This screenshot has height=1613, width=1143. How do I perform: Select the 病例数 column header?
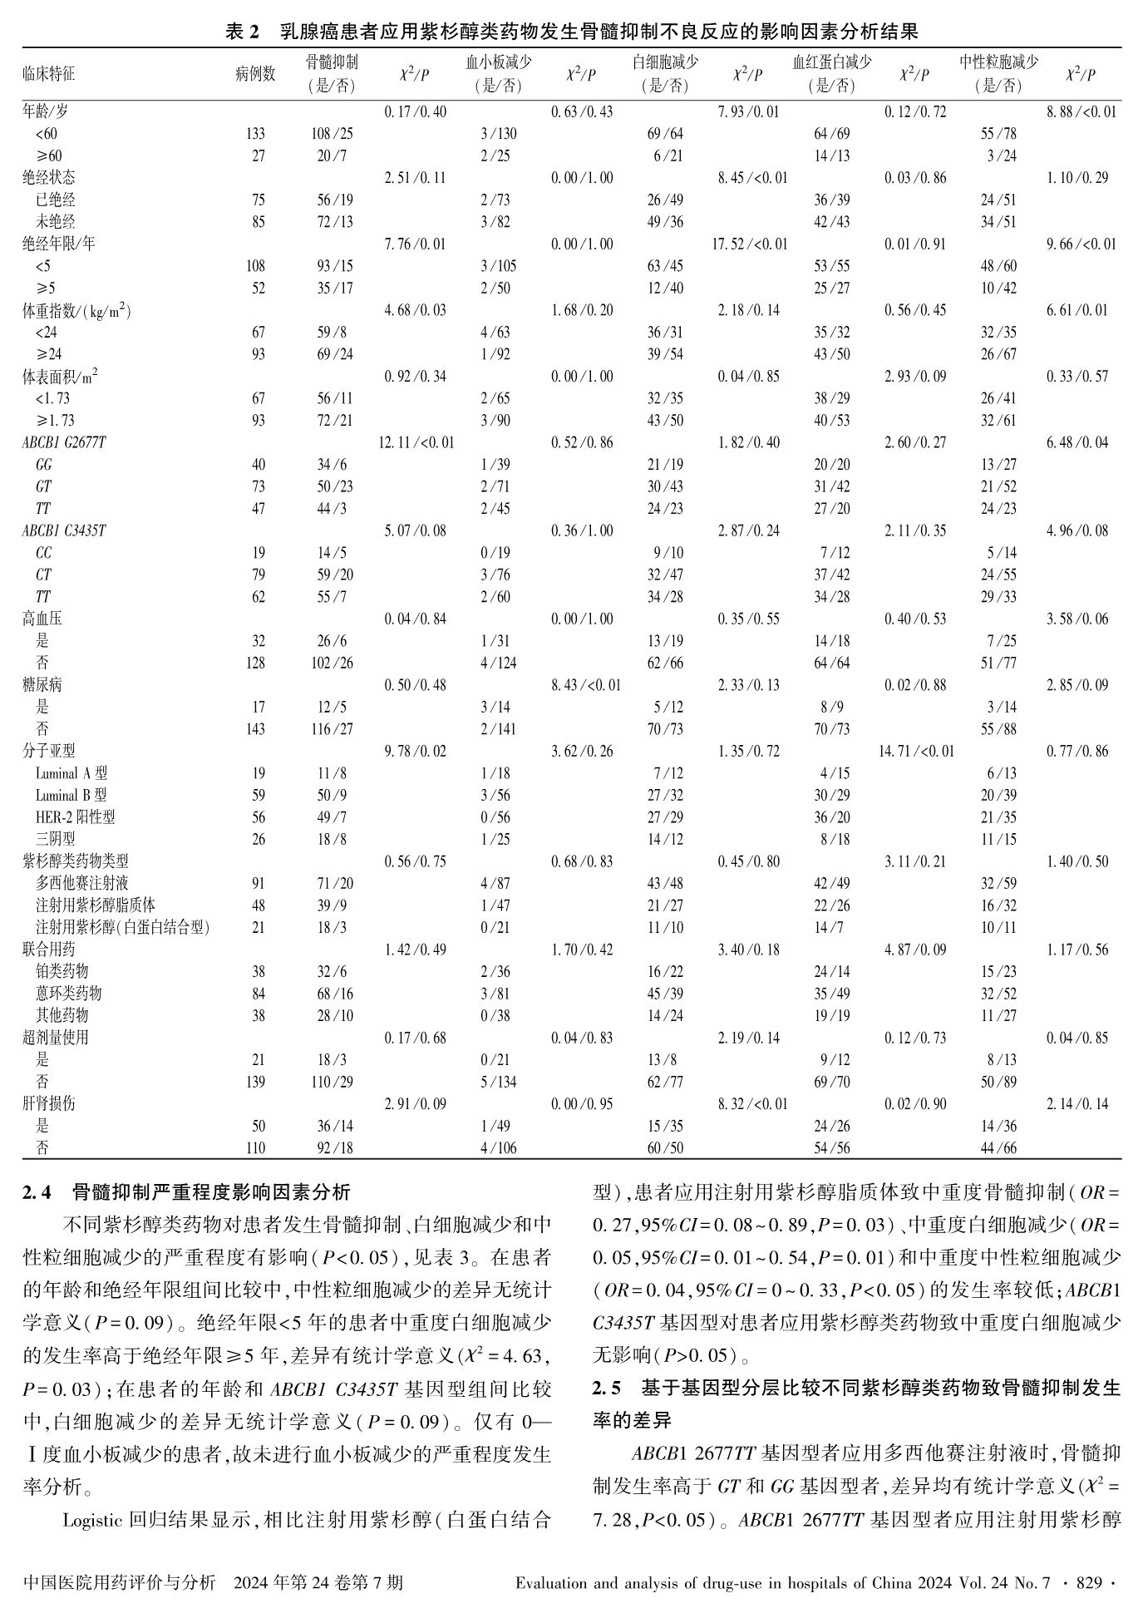coord(255,74)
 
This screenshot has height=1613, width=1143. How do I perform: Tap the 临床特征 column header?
coord(49,74)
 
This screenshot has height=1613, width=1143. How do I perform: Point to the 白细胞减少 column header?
coord(665,63)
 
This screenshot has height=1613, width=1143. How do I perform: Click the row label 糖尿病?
coord(42,685)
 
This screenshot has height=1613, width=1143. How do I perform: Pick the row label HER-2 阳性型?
coord(76,817)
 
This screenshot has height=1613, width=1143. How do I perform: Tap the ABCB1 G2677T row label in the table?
coord(64,442)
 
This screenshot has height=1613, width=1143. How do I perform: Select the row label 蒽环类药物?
coord(69,994)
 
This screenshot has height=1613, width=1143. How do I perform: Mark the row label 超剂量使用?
coord(56,1038)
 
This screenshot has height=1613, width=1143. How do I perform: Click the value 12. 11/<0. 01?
coord(416,442)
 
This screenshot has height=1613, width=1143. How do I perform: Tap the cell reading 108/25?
coord(335,134)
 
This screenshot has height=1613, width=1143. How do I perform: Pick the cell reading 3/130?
coord(499,134)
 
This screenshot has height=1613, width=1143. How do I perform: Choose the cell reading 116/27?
coord(335,729)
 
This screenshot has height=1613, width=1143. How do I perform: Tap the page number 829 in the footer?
coord(1090,1581)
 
